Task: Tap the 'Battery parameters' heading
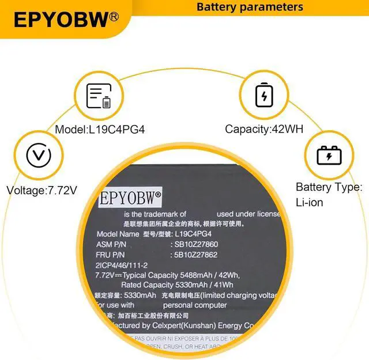pyautogui.click(x=250, y=7)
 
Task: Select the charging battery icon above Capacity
pyautogui.click(x=264, y=95)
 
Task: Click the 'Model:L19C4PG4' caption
pyautogui.click(x=100, y=130)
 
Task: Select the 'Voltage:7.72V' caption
pyautogui.click(x=42, y=190)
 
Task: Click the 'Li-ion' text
pyautogui.click(x=310, y=202)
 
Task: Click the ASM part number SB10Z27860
pyautogui.click(x=194, y=245)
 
